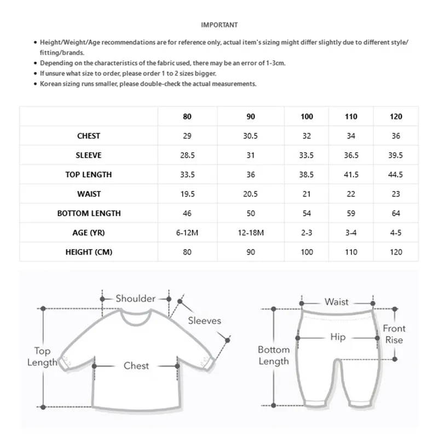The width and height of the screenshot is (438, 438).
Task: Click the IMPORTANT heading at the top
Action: coord(219,25)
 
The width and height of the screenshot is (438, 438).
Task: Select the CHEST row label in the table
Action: coord(89,136)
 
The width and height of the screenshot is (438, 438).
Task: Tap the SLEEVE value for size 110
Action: coord(351,155)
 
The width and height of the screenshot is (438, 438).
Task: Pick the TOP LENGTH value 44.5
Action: coord(396,175)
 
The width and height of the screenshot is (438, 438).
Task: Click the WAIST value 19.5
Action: coord(187,194)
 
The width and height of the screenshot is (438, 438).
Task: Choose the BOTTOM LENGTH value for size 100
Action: coord(307,213)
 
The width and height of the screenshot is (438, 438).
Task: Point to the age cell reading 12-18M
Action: coord(251,233)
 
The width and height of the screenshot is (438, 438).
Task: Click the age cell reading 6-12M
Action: coord(187,233)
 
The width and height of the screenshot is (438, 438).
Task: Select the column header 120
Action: coord(396,117)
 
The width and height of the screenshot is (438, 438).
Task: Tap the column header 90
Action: coord(251,117)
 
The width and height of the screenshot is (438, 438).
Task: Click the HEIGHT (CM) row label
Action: coord(89,252)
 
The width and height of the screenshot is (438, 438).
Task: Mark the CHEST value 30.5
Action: coord(251,136)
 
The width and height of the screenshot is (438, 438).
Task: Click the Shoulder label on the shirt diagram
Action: coord(135,298)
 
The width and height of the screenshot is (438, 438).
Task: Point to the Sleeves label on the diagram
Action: coord(204,321)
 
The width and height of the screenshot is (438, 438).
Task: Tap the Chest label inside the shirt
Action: coord(136,365)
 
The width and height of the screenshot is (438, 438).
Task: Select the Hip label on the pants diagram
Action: coord(338,337)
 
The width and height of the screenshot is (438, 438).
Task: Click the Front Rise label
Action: coord(394,334)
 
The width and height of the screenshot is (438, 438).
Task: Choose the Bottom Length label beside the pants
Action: coord(274,355)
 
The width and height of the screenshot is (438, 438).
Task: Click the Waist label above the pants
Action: coord(336,302)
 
